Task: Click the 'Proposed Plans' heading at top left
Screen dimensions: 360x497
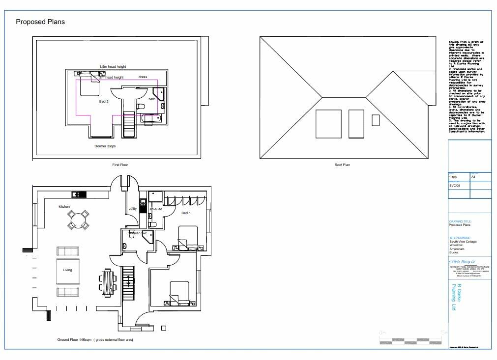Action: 40,22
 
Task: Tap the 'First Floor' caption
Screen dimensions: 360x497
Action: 120,165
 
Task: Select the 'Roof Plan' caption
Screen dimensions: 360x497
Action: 342,165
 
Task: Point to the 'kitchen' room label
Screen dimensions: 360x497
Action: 64,207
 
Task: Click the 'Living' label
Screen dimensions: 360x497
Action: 67,270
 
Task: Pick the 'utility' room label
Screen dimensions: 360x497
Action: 132,209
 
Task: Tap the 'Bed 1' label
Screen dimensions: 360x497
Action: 186,213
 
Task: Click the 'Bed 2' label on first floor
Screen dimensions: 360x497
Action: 104,102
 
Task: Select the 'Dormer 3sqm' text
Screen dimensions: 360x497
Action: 105,146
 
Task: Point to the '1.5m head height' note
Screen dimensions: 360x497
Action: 113,67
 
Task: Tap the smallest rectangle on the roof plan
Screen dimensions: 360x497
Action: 376,120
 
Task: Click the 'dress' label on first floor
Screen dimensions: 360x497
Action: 143,77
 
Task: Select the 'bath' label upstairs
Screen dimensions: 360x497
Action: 152,99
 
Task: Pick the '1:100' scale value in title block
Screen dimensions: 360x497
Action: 453,177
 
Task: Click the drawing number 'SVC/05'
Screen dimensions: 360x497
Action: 455,186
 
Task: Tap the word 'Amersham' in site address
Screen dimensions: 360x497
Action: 458,249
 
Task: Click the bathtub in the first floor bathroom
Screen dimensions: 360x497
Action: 150,118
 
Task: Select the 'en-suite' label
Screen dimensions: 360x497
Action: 156,210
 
